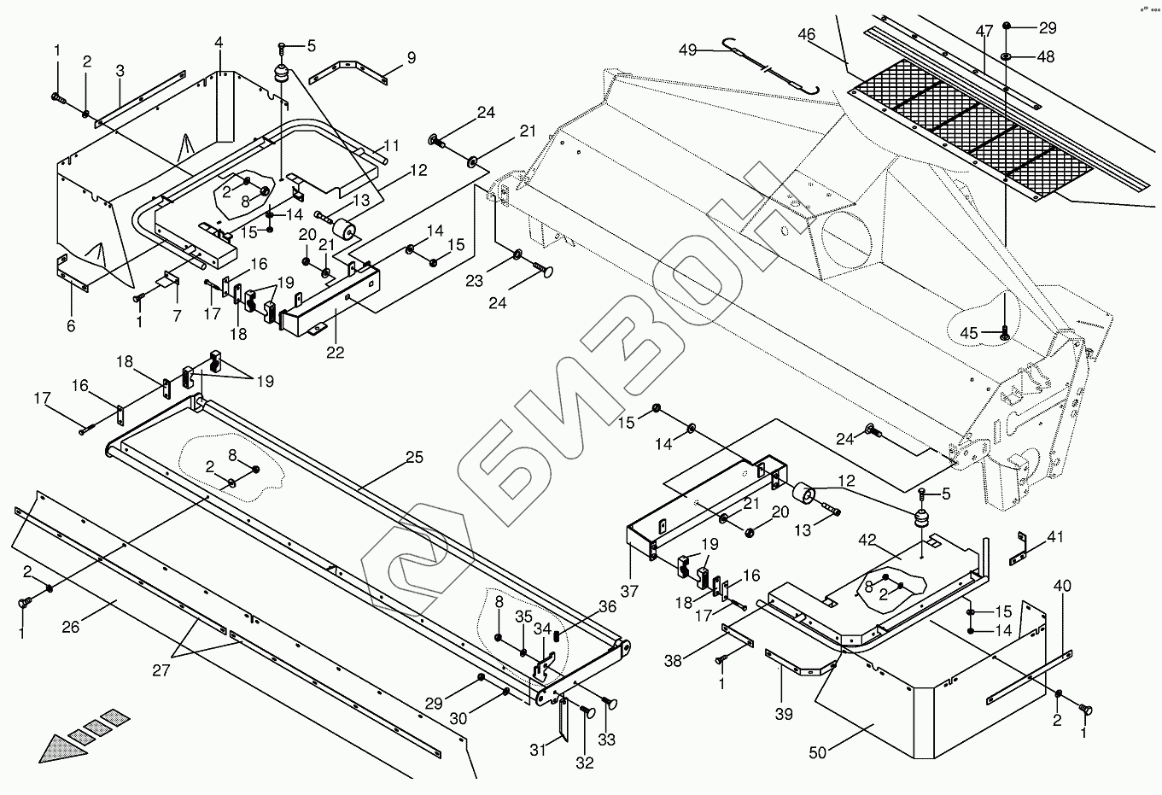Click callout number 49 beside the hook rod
click(x=687, y=50)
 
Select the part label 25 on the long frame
click(x=414, y=459)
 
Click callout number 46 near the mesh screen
click(x=806, y=35)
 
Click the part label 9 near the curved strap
click(x=411, y=58)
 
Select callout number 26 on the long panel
click(x=70, y=628)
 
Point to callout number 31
click(x=537, y=751)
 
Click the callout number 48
click(x=1046, y=57)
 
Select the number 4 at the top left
click(x=219, y=41)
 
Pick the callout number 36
click(x=607, y=607)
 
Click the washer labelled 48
click(x=1007, y=56)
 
